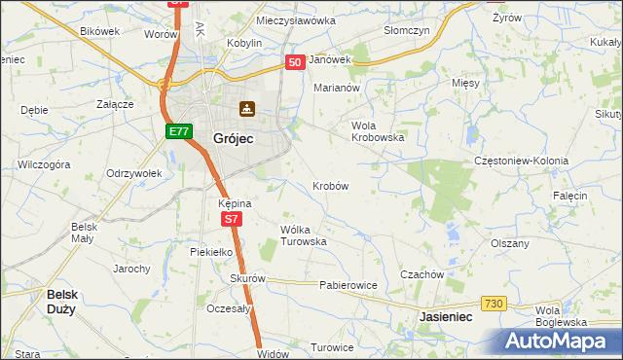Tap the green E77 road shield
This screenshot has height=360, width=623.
click(x=177, y=131)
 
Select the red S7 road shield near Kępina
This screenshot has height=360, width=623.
click(x=230, y=220)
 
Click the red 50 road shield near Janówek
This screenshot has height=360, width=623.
click(x=295, y=61)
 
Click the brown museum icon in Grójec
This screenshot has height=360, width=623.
click(x=247, y=109)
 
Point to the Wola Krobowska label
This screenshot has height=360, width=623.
click(x=377, y=131)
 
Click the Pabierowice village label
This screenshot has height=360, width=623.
click(x=348, y=285)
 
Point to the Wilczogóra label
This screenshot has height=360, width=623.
click(x=43, y=165)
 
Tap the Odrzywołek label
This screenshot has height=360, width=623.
click(x=133, y=173)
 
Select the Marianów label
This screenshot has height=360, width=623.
click(x=337, y=88)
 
